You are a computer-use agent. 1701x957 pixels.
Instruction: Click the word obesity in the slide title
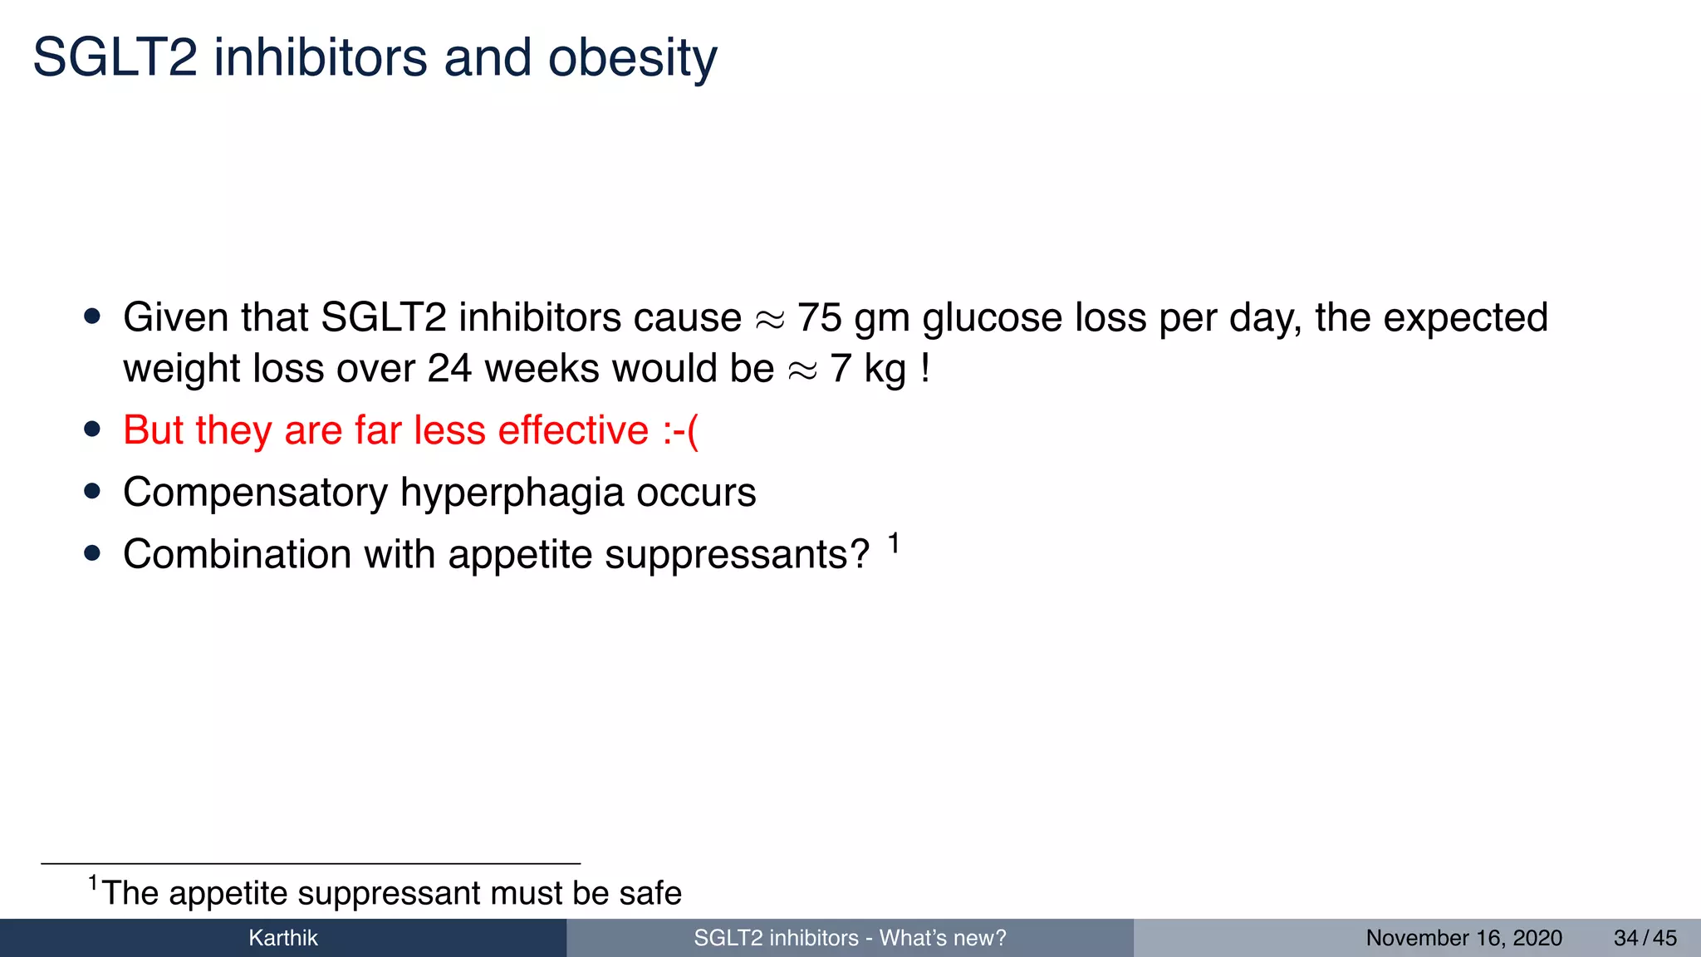tap(632, 58)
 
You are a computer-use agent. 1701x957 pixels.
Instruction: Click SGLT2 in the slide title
tap(115, 58)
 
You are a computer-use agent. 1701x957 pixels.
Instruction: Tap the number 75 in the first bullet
tap(819, 318)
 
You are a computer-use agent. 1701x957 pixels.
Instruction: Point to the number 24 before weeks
tap(449, 369)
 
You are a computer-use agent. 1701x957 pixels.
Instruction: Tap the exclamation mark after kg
tap(925, 369)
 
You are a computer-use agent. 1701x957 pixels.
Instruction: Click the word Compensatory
tap(255, 493)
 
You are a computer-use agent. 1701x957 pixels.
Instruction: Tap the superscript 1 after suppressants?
tap(894, 543)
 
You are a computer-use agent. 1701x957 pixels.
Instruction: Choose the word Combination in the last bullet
tap(237, 554)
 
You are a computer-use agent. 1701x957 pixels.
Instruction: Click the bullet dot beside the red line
tap(92, 430)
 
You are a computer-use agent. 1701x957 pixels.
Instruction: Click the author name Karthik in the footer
tap(283, 939)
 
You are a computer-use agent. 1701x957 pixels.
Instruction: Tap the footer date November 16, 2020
tap(1463, 939)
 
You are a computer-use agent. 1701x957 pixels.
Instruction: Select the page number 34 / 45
tap(1645, 939)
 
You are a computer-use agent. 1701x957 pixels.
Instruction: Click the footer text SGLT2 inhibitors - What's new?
tap(850, 939)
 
